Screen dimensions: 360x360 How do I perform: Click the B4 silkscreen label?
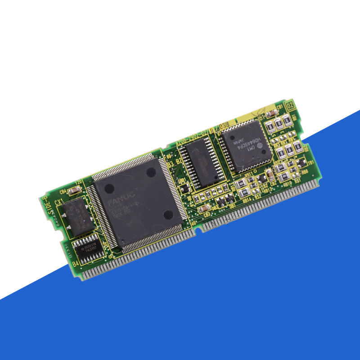76,262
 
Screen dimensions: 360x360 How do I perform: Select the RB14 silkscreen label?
247,198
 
